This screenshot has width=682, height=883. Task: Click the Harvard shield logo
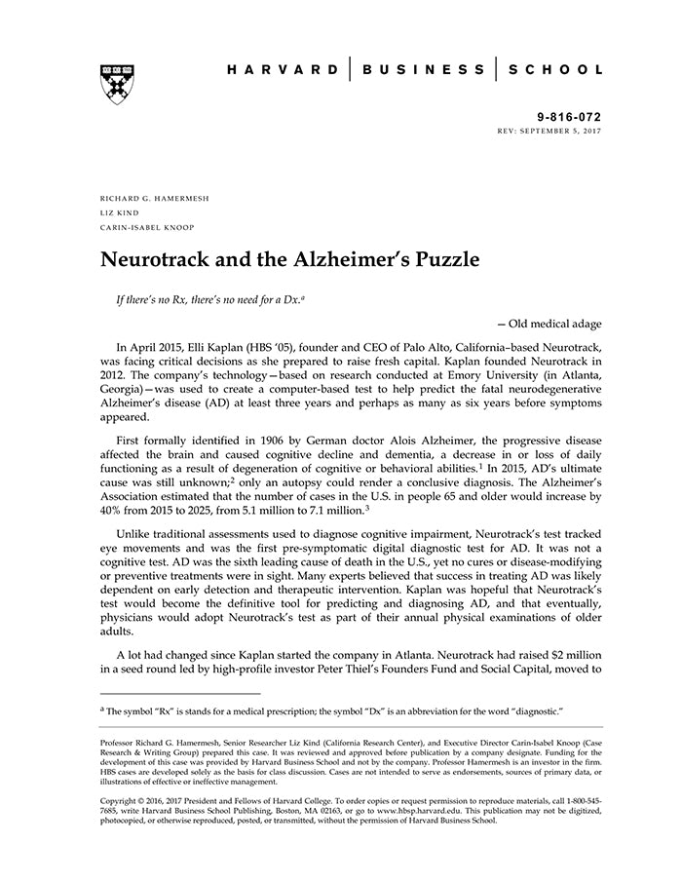117,84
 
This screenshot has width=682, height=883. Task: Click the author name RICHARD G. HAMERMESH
155,198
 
